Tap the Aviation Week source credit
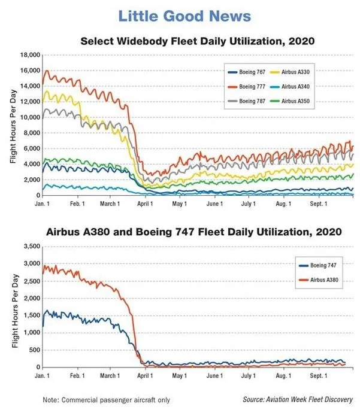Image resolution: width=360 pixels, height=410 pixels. point(298,399)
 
